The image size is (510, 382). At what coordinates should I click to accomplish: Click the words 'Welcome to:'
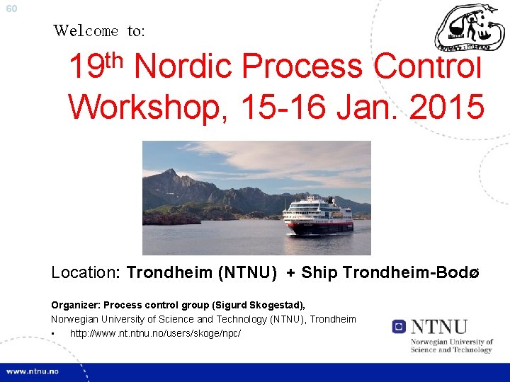pyautogui.click(x=99, y=30)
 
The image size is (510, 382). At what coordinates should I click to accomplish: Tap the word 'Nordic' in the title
pyautogui.click(x=183, y=68)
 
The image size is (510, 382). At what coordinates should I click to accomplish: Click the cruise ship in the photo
pyautogui.click(x=318, y=216)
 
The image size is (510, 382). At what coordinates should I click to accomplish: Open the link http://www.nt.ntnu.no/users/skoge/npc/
pyautogui.click(x=155, y=332)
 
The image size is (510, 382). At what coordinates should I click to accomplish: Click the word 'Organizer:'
pyautogui.click(x=76, y=305)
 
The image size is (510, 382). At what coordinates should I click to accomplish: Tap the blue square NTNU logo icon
pyautogui.click(x=399, y=327)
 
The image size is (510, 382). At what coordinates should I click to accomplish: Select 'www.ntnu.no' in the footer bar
pyautogui.click(x=35, y=371)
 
